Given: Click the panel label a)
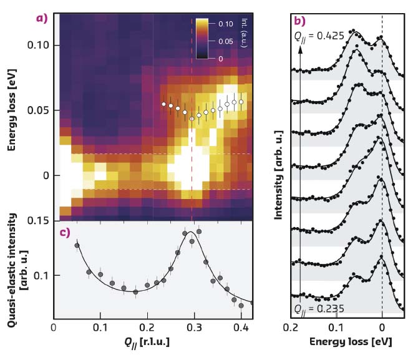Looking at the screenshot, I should tap(42, 17).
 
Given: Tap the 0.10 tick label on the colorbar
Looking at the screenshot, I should tap(226, 22).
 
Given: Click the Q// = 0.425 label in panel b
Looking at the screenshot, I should tap(319, 37).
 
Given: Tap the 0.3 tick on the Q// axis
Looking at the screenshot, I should tap(194, 325).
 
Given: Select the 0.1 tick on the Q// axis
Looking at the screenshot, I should tap(100, 325).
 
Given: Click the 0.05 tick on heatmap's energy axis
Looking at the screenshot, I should tap(38, 110).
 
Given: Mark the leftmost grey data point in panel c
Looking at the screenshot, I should tap(77, 245).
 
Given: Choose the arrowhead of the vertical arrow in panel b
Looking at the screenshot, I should tap(300, 50).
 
